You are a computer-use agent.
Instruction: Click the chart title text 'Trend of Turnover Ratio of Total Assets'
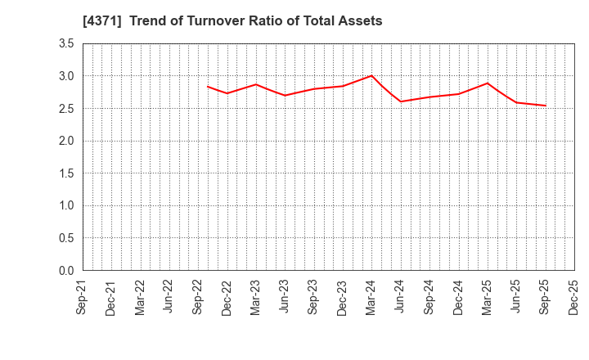pos(255,21)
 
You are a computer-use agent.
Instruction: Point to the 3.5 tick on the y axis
pos(65,44)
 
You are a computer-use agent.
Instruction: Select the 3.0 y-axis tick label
pos(65,76)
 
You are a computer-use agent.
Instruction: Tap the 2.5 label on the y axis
pos(65,109)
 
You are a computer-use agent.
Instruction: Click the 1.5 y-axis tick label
pos(65,173)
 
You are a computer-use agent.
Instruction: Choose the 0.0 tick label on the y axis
pos(65,271)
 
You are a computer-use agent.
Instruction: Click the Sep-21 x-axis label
pos(82,296)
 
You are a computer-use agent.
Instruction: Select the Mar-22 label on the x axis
pos(140,296)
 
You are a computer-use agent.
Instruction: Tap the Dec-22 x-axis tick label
pos(227,296)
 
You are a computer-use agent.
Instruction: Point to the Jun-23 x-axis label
pos(285,296)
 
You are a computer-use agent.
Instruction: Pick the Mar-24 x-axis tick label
pos(371,296)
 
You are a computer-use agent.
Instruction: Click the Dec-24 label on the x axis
pos(458,296)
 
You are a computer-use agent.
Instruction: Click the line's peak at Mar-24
pos(371,75)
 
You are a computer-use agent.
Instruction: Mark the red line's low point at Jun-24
pos(401,101)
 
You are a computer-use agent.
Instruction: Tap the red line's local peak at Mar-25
pos(488,83)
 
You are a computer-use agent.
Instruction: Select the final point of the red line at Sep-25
pos(545,106)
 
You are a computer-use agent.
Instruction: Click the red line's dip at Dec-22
pos(227,93)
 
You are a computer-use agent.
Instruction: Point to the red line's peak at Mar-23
pos(256,84)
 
